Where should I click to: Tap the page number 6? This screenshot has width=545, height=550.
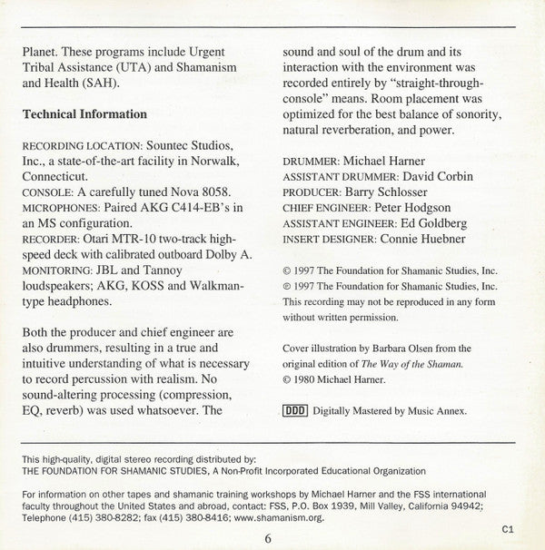coord(269,537)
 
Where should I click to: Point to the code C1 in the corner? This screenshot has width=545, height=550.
coord(507,527)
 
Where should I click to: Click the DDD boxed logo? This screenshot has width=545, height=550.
coord(296,410)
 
